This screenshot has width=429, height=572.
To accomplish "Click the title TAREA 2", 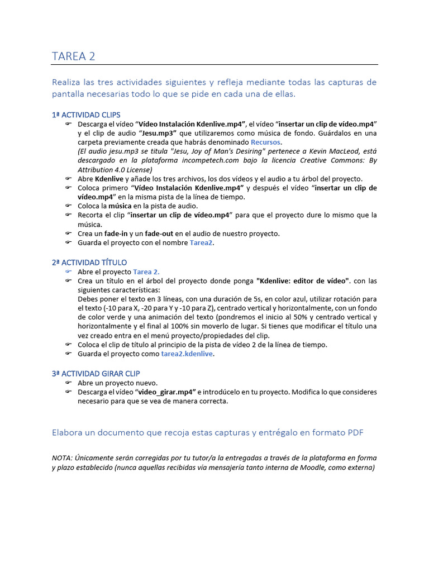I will pyautogui.click(x=73, y=56).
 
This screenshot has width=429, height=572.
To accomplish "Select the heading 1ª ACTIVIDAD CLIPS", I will pyautogui.click(x=85, y=115).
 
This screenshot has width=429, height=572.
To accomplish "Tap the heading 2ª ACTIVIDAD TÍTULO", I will pyautogui.click(x=89, y=262).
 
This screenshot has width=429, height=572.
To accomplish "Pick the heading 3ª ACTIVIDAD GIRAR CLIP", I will pyautogui.click(x=96, y=373).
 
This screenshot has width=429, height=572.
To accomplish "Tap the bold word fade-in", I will pyautogui.click(x=116, y=233).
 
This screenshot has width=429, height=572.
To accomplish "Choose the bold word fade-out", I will pyautogui.click(x=158, y=233).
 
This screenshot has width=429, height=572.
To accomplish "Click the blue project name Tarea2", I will pyautogui.click(x=202, y=243).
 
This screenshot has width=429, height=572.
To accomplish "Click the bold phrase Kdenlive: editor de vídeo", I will pyautogui.click(x=303, y=280).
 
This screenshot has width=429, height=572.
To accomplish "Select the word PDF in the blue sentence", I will pyautogui.click(x=356, y=433).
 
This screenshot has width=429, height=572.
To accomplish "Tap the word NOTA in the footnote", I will pyautogui.click(x=61, y=458).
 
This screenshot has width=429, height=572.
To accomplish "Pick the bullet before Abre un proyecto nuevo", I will pyautogui.click(x=68, y=383).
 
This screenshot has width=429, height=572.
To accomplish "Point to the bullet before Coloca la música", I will pyautogui.click(x=68, y=206).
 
